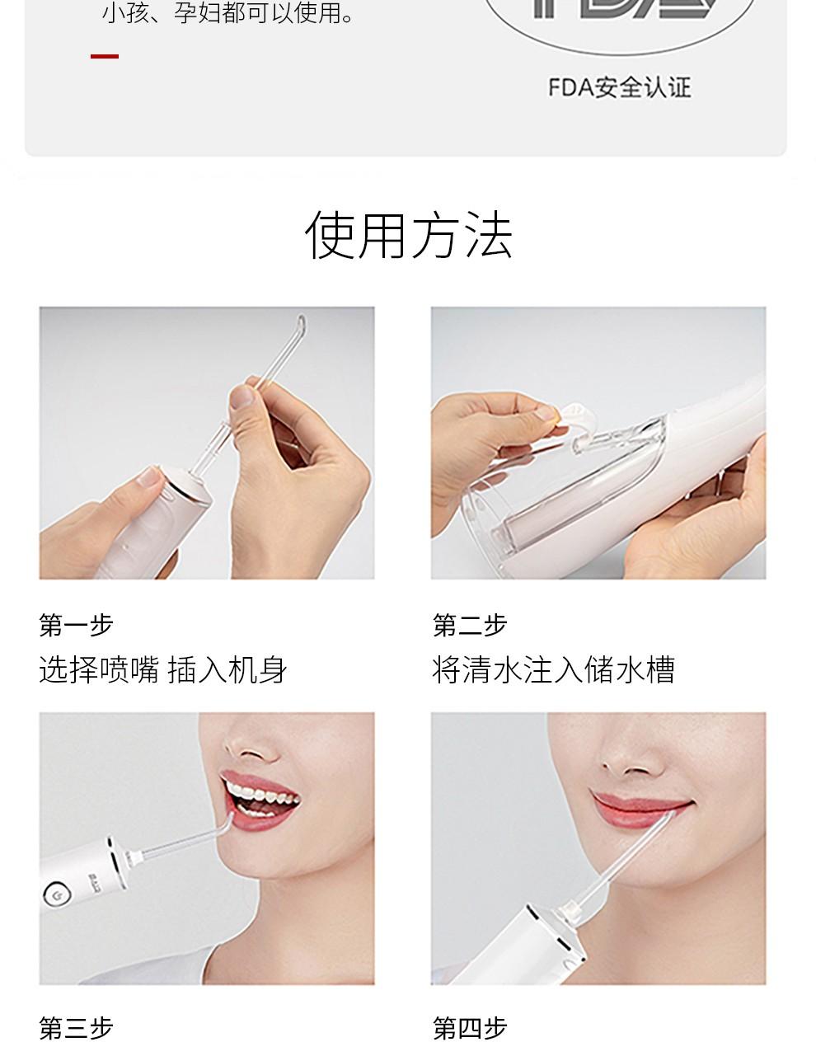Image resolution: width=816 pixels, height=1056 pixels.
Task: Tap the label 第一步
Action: click(76, 626)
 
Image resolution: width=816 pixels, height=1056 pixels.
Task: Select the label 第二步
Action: click(470, 626)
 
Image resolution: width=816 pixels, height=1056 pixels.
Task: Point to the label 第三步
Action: click(76, 1029)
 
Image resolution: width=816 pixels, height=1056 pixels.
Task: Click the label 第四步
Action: click(470, 1029)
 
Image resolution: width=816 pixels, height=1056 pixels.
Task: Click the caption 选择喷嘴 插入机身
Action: click(162, 669)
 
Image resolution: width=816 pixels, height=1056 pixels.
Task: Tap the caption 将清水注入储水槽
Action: click(553, 669)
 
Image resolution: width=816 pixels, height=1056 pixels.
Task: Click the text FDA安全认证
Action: click(620, 88)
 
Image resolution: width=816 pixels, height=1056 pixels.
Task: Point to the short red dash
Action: click(105, 56)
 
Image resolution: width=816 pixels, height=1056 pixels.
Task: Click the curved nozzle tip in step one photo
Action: click(301, 325)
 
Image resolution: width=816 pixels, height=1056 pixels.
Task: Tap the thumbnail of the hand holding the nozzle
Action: click(207, 443)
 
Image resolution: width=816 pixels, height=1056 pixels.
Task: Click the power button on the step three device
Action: click(58, 894)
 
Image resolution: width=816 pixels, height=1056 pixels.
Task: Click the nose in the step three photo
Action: click(251, 745)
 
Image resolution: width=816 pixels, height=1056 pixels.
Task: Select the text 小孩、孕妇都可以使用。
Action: click(229, 13)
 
